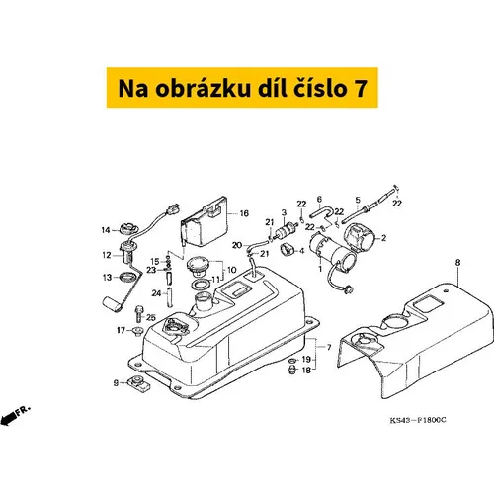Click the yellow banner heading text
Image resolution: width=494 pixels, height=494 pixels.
pyautogui.click(x=242, y=88)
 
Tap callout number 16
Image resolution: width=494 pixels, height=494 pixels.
pyautogui.click(x=244, y=213)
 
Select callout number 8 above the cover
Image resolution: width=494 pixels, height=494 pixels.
pyautogui.click(x=457, y=263)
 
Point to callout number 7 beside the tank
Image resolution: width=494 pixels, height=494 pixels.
pyautogui.click(x=329, y=347)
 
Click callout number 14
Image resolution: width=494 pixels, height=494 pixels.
pyautogui.click(x=106, y=230)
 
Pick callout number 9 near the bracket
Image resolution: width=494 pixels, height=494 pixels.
pyautogui.click(x=116, y=383)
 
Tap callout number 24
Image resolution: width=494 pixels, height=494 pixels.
pyautogui.click(x=156, y=292)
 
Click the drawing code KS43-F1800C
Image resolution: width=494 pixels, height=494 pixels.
pyautogui.click(x=418, y=420)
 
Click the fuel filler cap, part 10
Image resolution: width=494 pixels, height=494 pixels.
pyautogui.click(x=198, y=266)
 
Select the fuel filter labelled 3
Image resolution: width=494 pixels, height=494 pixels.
pyautogui.click(x=285, y=229)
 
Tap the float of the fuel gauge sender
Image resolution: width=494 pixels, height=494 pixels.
pyautogui.click(x=113, y=304)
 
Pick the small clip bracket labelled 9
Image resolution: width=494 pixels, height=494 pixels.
pyautogui.click(x=139, y=384)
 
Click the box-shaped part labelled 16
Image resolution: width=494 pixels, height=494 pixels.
pyautogui.click(x=205, y=222)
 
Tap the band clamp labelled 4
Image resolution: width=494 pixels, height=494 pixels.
pyautogui.click(x=287, y=249)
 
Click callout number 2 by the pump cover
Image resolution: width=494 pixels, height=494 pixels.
pyautogui.click(x=383, y=238)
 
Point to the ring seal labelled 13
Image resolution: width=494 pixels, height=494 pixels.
pyautogui.click(x=128, y=278)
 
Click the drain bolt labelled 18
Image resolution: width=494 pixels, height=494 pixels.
pyautogui.click(x=292, y=370)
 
